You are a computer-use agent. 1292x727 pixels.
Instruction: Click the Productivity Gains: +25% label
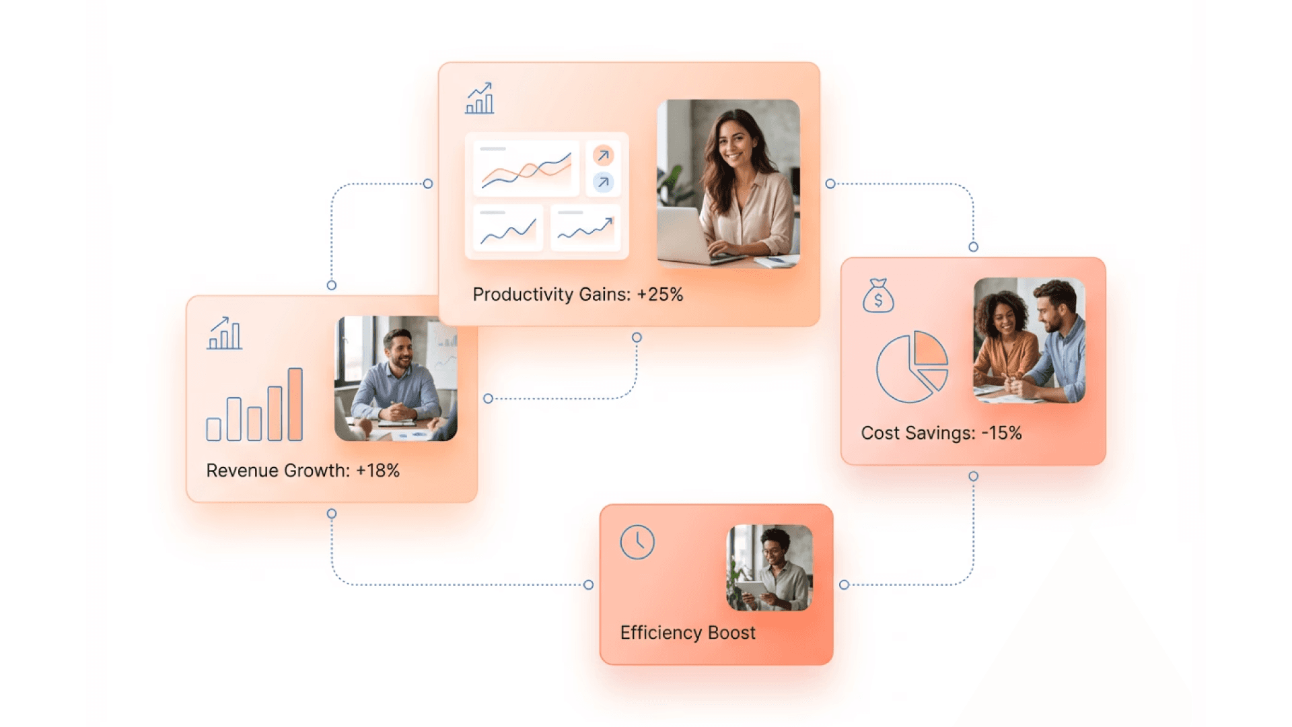click(x=577, y=294)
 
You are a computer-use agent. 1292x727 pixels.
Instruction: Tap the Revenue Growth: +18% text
click(x=303, y=471)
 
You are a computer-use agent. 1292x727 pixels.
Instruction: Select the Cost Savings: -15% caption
click(x=941, y=433)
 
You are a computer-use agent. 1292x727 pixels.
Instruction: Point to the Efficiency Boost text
click(x=688, y=633)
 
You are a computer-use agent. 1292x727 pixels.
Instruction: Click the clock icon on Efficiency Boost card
click(x=637, y=542)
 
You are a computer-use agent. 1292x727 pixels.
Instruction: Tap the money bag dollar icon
click(x=878, y=296)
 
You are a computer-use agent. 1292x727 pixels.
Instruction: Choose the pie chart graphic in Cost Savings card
click(x=912, y=367)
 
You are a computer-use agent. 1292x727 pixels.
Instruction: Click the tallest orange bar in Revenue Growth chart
click(x=295, y=404)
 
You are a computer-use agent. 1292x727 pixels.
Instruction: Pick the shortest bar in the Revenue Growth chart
click(x=214, y=429)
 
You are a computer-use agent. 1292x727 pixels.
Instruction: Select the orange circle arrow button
click(x=603, y=155)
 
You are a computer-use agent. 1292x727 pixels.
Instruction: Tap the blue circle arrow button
click(x=603, y=182)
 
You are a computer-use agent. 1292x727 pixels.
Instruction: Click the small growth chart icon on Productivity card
click(x=480, y=98)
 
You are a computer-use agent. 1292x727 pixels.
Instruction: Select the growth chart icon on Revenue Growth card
click(x=225, y=333)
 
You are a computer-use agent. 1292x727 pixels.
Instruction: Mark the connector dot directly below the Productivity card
click(x=637, y=337)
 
